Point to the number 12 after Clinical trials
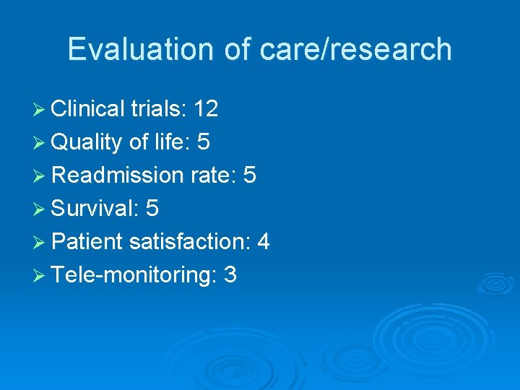tap(206, 109)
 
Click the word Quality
tap(87, 142)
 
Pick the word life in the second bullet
tap(170, 142)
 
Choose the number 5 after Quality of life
tap(204, 142)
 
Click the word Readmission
tap(118, 175)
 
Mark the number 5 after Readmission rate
tap(250, 175)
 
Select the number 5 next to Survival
tap(152, 209)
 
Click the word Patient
tap(87, 242)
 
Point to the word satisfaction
tap(187, 242)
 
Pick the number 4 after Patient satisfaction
tap(263, 242)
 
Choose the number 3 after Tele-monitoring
tap(230, 275)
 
